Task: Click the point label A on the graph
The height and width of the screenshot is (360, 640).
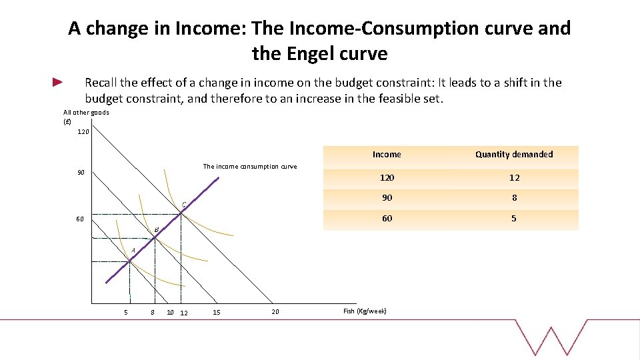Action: pos(133,250)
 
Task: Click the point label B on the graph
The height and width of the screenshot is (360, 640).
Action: pos(157,230)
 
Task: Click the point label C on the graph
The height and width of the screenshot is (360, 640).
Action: pos(183,203)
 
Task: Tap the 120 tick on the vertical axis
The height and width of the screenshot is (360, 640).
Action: pos(83,132)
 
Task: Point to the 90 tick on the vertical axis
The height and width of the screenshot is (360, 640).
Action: pos(80,173)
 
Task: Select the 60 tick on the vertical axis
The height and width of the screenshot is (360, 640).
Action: pos(80,219)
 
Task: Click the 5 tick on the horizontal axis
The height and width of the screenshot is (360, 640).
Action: pos(126,312)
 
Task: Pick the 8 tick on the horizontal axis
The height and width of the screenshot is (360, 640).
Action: pos(153,312)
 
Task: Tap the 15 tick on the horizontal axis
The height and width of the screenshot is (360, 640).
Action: pos(217,313)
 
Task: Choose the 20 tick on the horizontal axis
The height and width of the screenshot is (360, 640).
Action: pos(275,311)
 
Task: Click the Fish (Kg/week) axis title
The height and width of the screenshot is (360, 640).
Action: pos(365,311)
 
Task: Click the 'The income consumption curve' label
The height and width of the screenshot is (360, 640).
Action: pos(249,166)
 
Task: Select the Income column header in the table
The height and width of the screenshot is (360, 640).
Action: pos(387,155)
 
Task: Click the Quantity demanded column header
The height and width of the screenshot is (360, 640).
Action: pos(514,155)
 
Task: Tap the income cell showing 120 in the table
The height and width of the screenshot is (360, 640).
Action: pos(387,177)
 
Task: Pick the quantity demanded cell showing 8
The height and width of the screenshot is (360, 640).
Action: pos(514,198)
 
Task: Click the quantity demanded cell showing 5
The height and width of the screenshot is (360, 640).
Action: pos(514,219)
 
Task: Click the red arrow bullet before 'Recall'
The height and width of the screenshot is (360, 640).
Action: pos(57,83)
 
